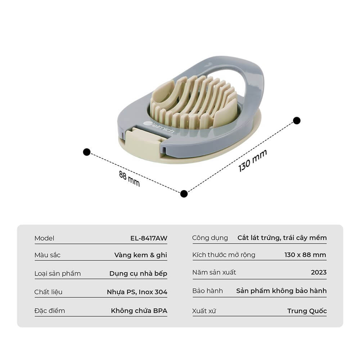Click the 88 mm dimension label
(x=129, y=179)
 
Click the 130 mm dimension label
(x=253, y=160)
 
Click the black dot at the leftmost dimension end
(x=86, y=152)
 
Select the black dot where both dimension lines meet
(x=184, y=194)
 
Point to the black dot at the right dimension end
(x=297, y=121)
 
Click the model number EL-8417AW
(x=149, y=238)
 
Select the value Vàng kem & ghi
(x=140, y=255)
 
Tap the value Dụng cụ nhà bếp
(x=138, y=274)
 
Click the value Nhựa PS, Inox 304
(x=137, y=292)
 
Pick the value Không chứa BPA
(x=139, y=311)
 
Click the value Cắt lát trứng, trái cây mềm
(x=282, y=238)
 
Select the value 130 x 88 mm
(x=305, y=255)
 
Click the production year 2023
(x=319, y=272)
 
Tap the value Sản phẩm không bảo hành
(x=282, y=291)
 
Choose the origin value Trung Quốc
(x=307, y=311)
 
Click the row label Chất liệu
(x=48, y=292)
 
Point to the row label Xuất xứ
(x=204, y=311)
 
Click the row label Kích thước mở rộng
(x=224, y=255)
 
